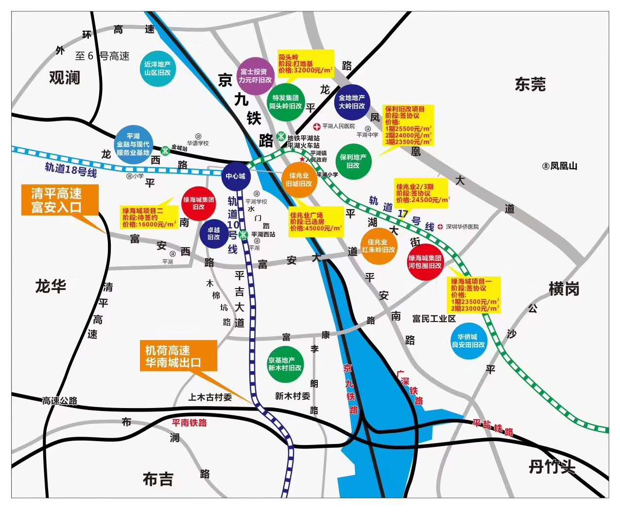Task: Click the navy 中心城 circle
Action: tap(235, 176)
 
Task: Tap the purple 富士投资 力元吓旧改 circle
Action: tap(255, 76)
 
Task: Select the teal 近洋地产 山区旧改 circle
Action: tap(157, 68)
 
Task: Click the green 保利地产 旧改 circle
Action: tap(353, 161)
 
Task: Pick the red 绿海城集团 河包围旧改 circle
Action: tap(425, 262)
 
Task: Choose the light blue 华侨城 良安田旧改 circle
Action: tap(468, 341)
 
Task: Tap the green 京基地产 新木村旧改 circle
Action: tap(285, 364)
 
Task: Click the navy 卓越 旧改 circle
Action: tap(214, 234)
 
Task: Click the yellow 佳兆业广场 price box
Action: tap(315, 222)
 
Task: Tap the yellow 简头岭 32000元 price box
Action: tap(306, 64)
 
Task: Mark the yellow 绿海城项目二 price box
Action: tap(149, 217)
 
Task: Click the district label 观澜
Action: tap(65, 77)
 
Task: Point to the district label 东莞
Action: tap(530, 85)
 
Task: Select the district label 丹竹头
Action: tap(551, 467)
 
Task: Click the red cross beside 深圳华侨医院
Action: tap(440, 227)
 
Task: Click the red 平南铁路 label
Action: tap(189, 423)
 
